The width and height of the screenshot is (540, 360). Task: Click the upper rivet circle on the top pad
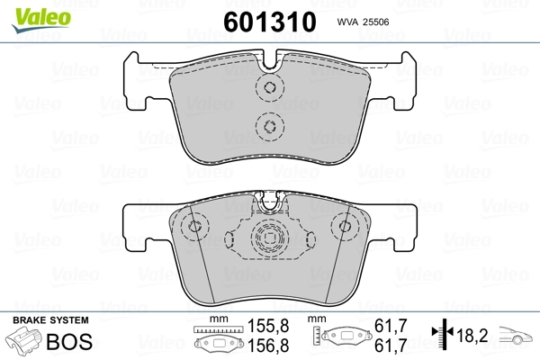point(268,88)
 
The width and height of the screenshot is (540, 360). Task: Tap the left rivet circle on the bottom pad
point(191,228)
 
